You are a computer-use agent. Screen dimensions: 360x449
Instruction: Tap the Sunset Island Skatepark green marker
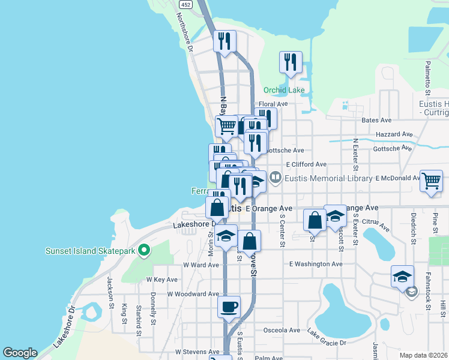tap(143, 250)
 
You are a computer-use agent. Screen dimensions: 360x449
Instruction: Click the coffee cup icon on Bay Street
tap(229, 307)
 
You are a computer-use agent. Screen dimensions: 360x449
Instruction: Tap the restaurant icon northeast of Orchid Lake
tap(291, 62)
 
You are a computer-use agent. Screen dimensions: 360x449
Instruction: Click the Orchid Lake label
tap(284, 91)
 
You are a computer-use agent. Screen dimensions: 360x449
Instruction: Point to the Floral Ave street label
tap(274, 104)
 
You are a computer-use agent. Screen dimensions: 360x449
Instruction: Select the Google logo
tap(20, 353)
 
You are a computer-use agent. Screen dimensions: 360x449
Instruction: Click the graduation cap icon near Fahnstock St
tap(402, 277)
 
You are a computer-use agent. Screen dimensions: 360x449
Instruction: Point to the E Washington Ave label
tap(316, 264)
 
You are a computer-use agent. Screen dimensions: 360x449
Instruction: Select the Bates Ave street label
tap(376, 121)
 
